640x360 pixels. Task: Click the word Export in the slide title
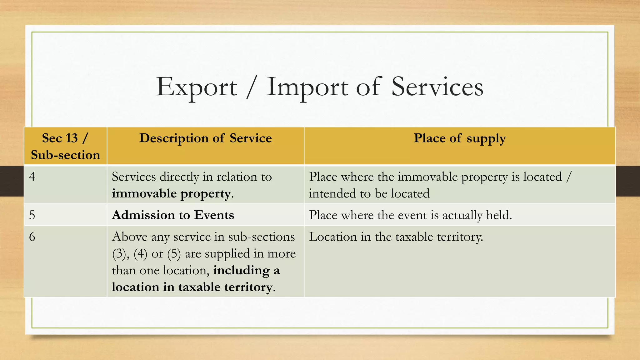click(197, 87)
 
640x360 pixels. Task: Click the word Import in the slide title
click(307, 87)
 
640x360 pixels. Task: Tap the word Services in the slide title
click(437, 87)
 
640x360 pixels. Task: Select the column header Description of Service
click(205, 138)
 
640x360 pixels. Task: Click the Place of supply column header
click(460, 138)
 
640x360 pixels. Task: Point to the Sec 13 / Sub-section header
click(65, 146)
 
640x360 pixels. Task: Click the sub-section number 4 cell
click(32, 177)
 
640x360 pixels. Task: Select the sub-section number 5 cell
click(32, 215)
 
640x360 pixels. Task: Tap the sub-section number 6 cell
click(32, 237)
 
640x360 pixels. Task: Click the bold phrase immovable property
click(172, 194)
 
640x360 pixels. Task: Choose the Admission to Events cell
click(173, 215)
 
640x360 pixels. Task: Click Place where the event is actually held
click(410, 215)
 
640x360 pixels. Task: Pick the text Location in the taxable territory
click(396, 237)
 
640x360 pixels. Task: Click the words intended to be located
click(369, 194)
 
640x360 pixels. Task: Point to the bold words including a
click(246, 270)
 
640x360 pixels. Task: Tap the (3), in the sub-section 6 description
click(121, 254)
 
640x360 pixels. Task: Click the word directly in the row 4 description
click(179, 177)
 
